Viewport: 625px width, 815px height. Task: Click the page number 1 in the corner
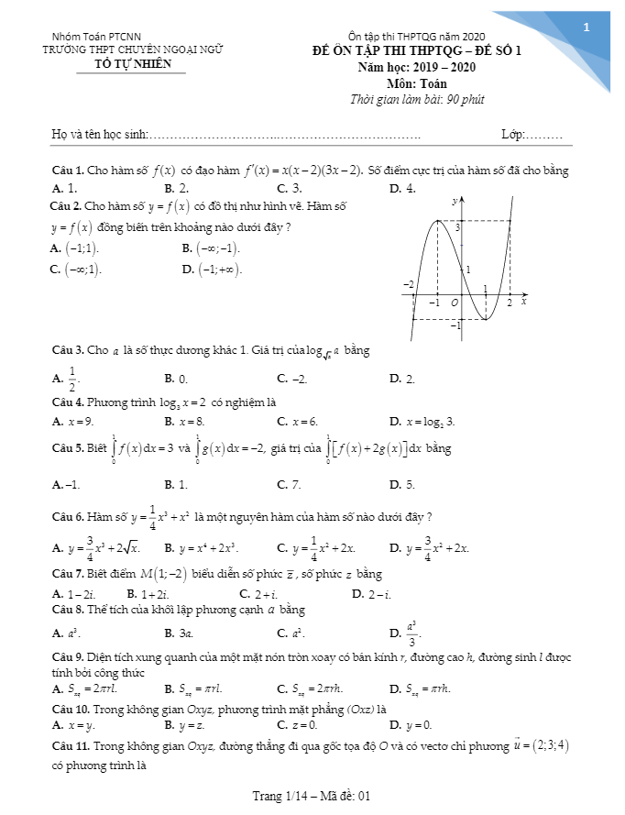[x=586, y=28]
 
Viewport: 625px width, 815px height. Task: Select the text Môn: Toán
[x=416, y=83]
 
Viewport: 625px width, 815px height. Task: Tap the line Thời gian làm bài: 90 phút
[x=417, y=99]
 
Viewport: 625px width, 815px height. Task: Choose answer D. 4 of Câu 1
[x=402, y=188]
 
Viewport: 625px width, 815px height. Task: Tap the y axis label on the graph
[x=455, y=199]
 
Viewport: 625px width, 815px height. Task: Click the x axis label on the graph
[x=523, y=300]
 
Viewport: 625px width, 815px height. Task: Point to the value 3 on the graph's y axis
[x=458, y=226]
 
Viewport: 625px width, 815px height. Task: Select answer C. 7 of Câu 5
[x=290, y=484]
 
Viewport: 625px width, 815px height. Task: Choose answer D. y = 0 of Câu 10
[x=403, y=725]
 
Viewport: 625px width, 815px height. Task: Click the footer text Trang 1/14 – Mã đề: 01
[x=311, y=796]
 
